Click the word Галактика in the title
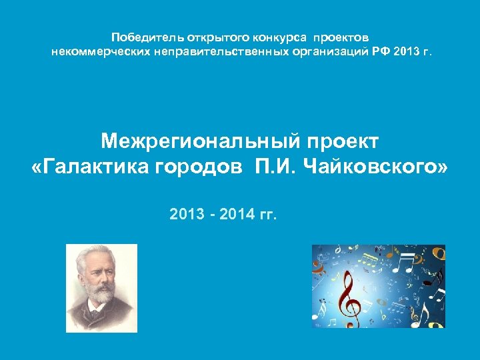click(93, 167)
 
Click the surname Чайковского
click(375, 167)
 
